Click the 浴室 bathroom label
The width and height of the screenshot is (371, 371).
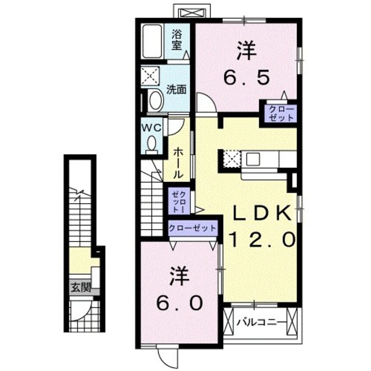(176, 39)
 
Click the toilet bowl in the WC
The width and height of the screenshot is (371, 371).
(152, 144)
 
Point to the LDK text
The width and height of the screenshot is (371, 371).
(261, 214)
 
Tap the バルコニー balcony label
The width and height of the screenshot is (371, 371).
(261, 323)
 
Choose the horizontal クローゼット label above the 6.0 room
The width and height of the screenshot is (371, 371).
(193, 228)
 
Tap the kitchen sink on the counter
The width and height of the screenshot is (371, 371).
(254, 159)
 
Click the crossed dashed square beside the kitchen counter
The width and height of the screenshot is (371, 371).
(231, 159)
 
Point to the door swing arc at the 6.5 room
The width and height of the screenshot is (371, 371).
(204, 103)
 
